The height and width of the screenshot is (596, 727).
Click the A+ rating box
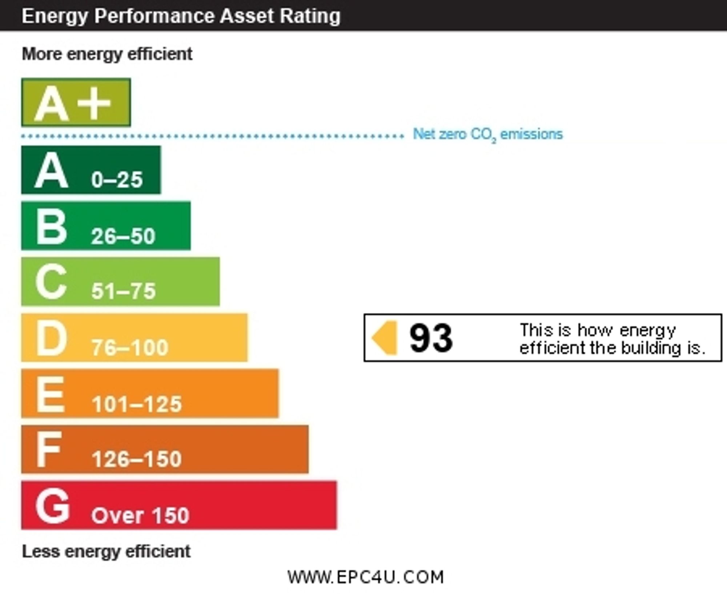(x=76, y=102)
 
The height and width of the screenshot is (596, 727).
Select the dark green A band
(x=91, y=170)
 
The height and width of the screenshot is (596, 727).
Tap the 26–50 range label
(x=123, y=236)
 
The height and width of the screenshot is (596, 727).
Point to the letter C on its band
(x=51, y=282)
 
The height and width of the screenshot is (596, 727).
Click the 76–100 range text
(x=130, y=347)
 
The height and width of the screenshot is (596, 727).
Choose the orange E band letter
(x=50, y=394)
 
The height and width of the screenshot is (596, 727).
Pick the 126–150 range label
(x=137, y=459)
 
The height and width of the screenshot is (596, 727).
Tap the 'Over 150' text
(x=140, y=515)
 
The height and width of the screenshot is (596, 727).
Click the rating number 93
(x=431, y=338)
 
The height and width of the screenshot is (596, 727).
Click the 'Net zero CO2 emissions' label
(x=487, y=134)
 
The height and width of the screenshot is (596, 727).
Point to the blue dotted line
(x=213, y=137)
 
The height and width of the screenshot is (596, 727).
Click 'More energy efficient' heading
(x=107, y=54)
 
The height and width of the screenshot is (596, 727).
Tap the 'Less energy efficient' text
(x=106, y=551)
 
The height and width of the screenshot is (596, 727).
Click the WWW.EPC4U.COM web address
(x=366, y=577)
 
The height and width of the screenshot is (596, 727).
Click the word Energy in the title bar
(x=55, y=16)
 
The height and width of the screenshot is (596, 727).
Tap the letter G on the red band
(x=52, y=506)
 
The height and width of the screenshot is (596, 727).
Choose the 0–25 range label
(x=117, y=180)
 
